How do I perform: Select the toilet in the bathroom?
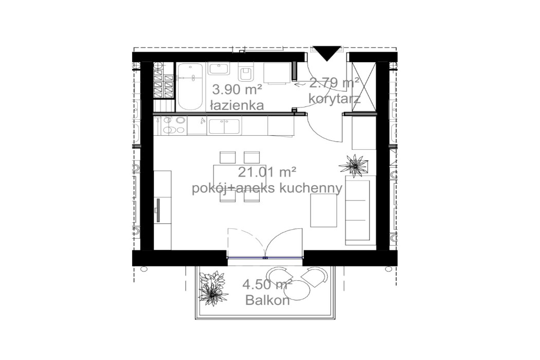click(245, 73)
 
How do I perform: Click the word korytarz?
click(334, 98)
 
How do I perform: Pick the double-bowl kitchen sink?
click(224, 126)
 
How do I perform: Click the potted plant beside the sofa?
click(354, 166)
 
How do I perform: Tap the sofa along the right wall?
click(357, 211)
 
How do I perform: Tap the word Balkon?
click(267, 300)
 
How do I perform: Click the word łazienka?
click(237, 106)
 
